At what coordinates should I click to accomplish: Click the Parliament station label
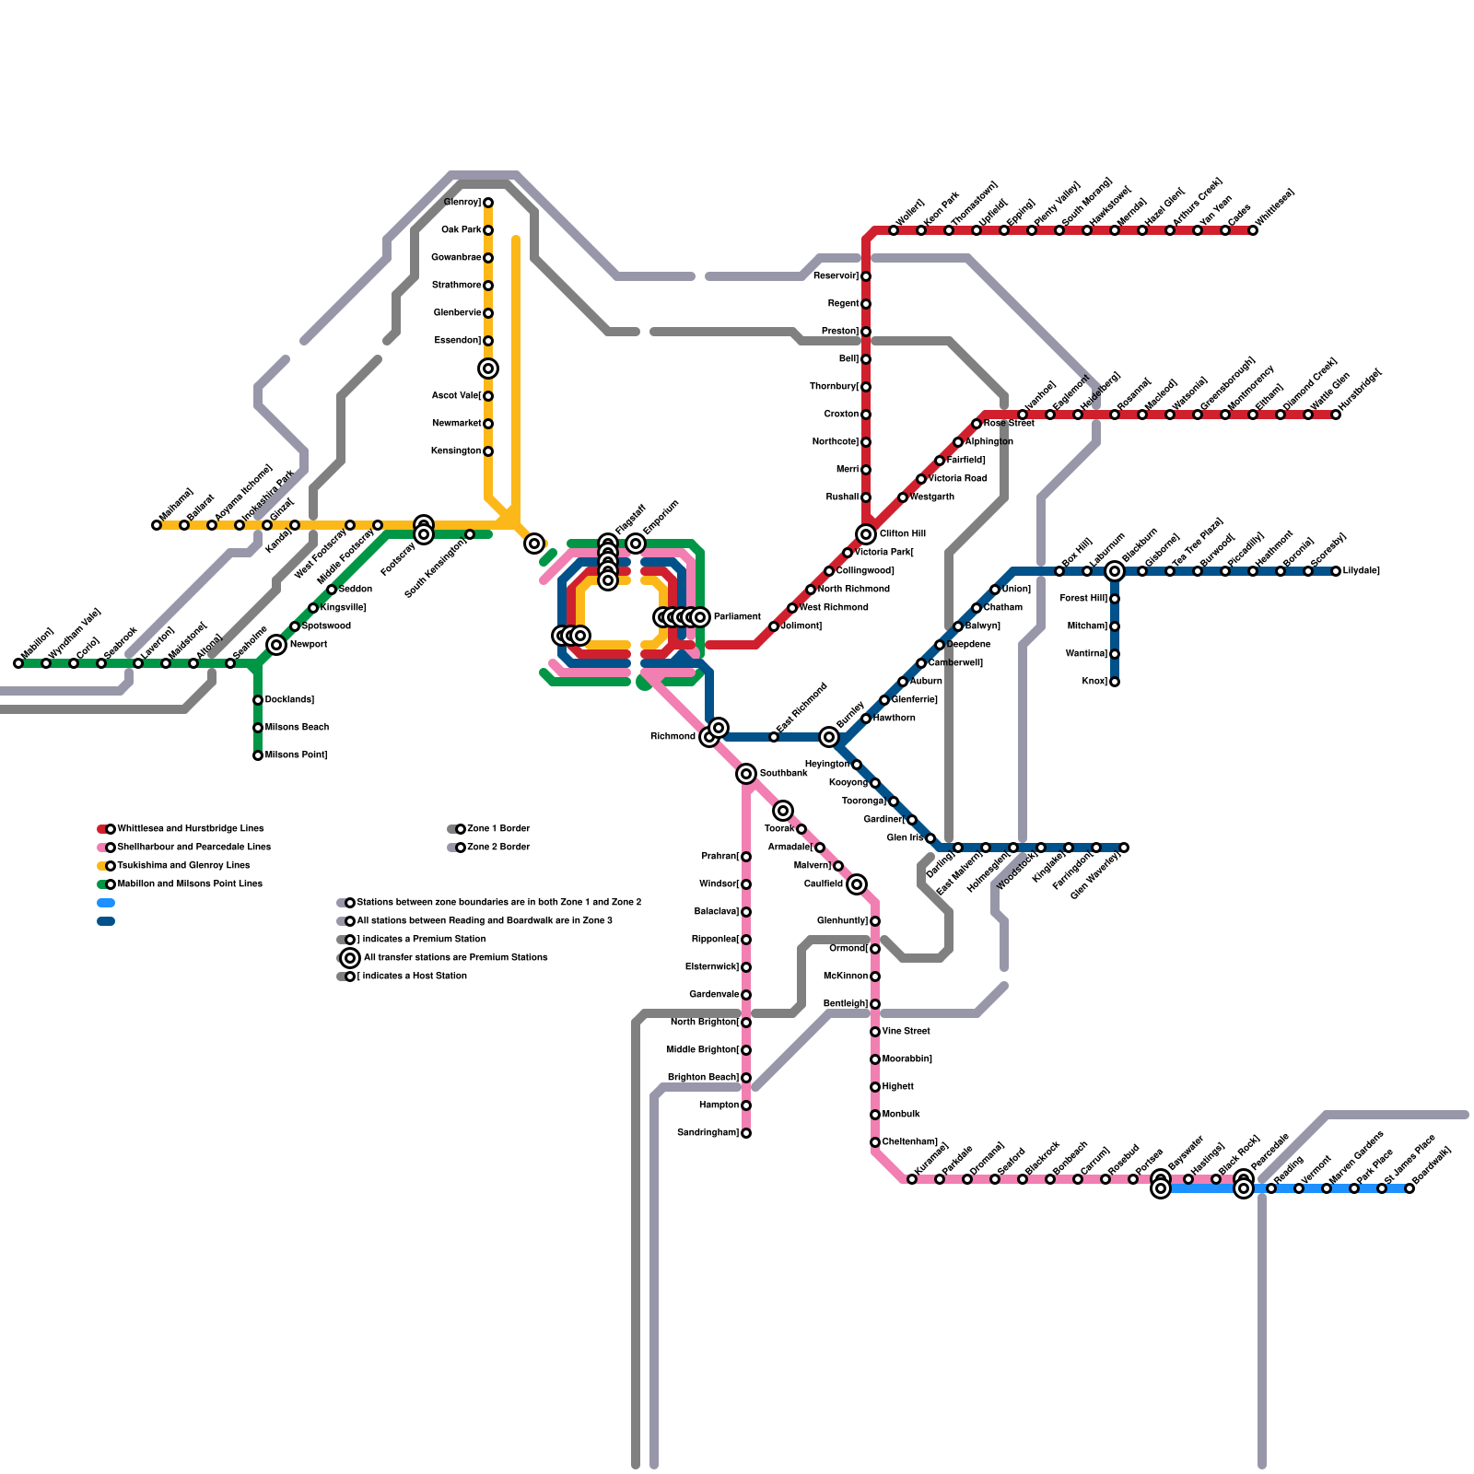pyautogui.click(x=736, y=617)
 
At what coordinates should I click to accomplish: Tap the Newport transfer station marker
pyautogui.click(x=276, y=645)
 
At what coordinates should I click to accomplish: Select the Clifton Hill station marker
pyautogui.click(x=866, y=534)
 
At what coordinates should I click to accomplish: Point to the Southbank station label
pyautogui.click(x=783, y=774)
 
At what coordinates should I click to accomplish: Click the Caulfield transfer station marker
pyautogui.click(x=857, y=884)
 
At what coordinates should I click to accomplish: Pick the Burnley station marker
pyautogui.click(x=829, y=737)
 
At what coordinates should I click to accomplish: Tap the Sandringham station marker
pyautogui.click(x=746, y=1133)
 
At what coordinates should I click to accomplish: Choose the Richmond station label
pyautogui.click(x=673, y=737)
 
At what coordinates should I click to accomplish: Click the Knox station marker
pyautogui.click(x=1115, y=682)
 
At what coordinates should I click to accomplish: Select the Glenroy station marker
pyautogui.click(x=488, y=203)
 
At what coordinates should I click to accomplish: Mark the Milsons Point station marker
pyautogui.click(x=258, y=755)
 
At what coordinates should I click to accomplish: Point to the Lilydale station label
pyautogui.click(x=1361, y=571)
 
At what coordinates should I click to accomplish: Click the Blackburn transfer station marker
pyautogui.click(x=1115, y=571)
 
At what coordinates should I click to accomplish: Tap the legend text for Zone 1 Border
pyautogui.click(x=498, y=829)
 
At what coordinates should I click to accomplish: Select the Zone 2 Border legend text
pyautogui.click(x=498, y=848)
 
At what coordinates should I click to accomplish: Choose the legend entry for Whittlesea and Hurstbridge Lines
pyautogui.click(x=190, y=829)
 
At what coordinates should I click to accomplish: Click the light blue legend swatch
pyautogui.click(x=106, y=903)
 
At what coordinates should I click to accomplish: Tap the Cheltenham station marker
pyautogui.click(x=875, y=1142)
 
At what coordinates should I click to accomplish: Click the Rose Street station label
pyautogui.click(x=1008, y=424)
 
